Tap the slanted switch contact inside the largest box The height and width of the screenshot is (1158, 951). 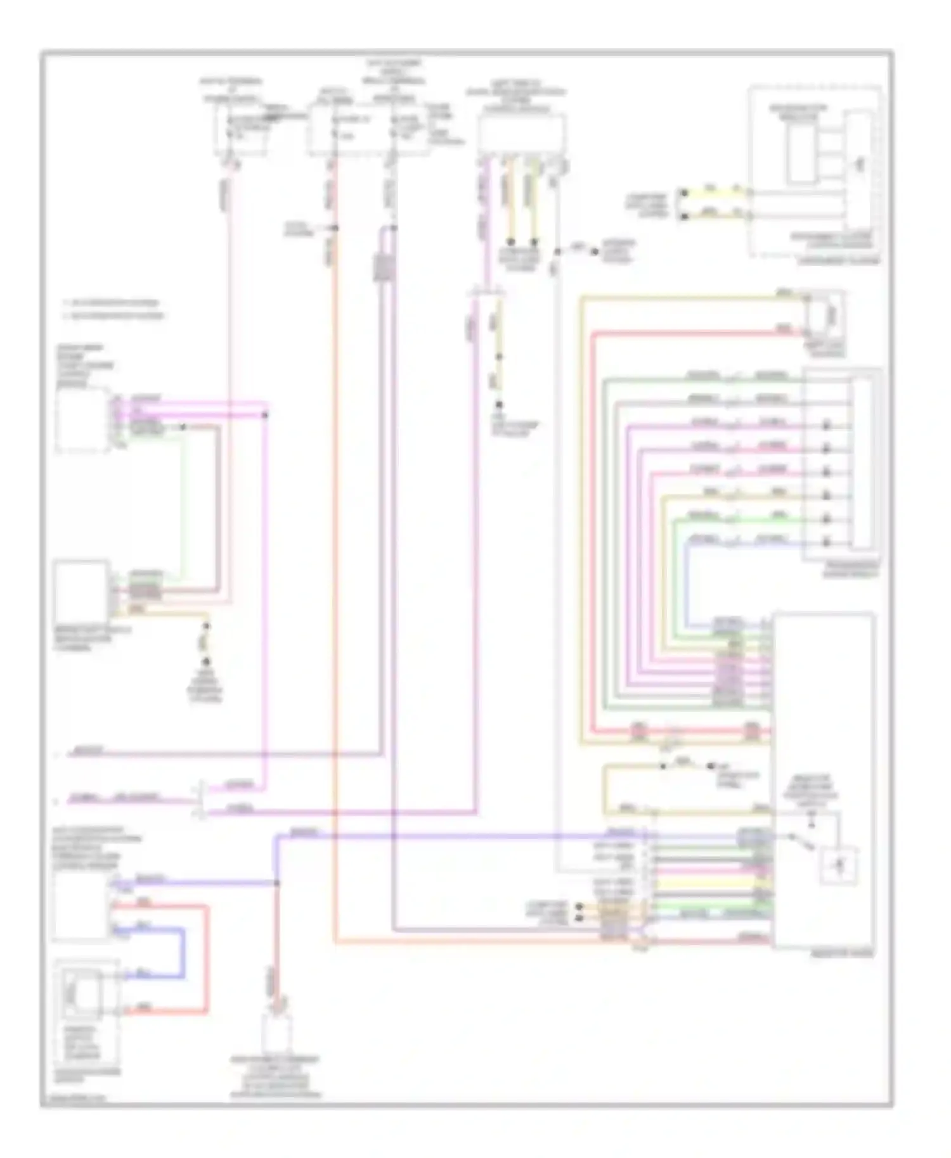point(798,839)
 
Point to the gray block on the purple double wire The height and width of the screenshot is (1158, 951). point(384,266)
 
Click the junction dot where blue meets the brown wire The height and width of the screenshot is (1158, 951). point(276,882)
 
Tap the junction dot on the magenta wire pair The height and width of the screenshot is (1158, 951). point(266,415)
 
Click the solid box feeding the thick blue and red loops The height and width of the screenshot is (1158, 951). point(81,907)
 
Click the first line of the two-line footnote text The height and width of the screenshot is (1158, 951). point(117,303)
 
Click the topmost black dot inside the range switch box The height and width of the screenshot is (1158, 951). point(827,425)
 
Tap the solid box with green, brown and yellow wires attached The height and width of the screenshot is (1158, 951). point(81,590)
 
